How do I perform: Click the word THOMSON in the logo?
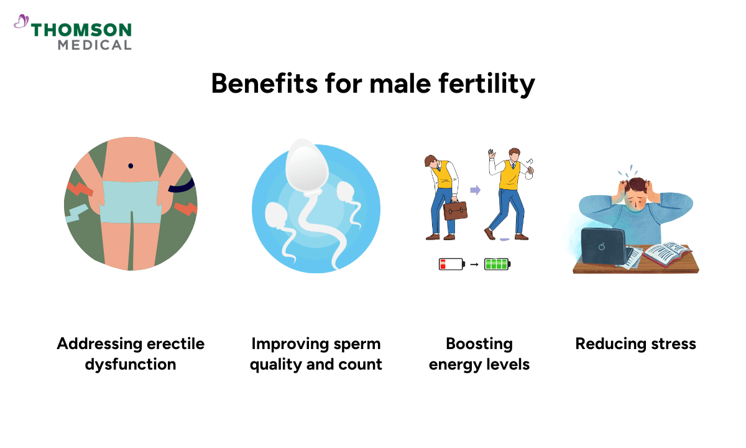[x=81, y=30]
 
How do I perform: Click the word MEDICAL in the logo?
[x=94, y=45]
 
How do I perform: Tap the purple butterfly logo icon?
[x=21, y=22]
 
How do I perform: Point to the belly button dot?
[x=131, y=166]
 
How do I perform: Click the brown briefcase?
[x=456, y=210]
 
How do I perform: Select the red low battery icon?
[x=451, y=264]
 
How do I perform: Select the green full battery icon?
[x=497, y=264]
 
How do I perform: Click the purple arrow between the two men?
[x=475, y=190]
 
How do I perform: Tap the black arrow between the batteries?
[x=474, y=264]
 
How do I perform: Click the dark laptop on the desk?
[x=602, y=247]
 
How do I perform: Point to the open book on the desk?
[x=666, y=253]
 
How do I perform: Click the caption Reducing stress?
[x=635, y=343]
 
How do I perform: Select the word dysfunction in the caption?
[x=131, y=364]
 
